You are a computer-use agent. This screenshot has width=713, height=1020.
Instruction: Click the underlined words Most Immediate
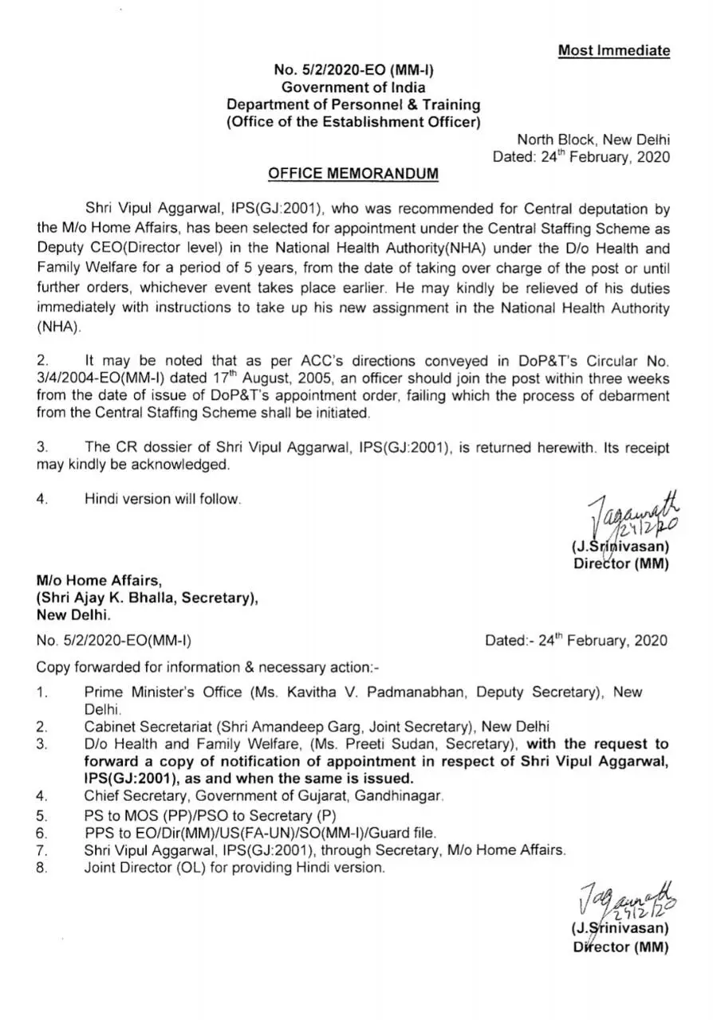613,51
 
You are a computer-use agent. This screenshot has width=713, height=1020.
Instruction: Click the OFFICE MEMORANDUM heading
353,174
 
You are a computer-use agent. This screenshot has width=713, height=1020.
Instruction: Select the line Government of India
353,87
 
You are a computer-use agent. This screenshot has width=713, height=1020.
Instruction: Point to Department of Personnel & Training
353,104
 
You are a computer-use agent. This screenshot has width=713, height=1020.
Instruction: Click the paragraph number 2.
41,360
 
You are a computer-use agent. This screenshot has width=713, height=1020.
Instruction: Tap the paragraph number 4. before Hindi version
42,499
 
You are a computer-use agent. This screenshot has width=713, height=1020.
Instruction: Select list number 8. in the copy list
42,868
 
